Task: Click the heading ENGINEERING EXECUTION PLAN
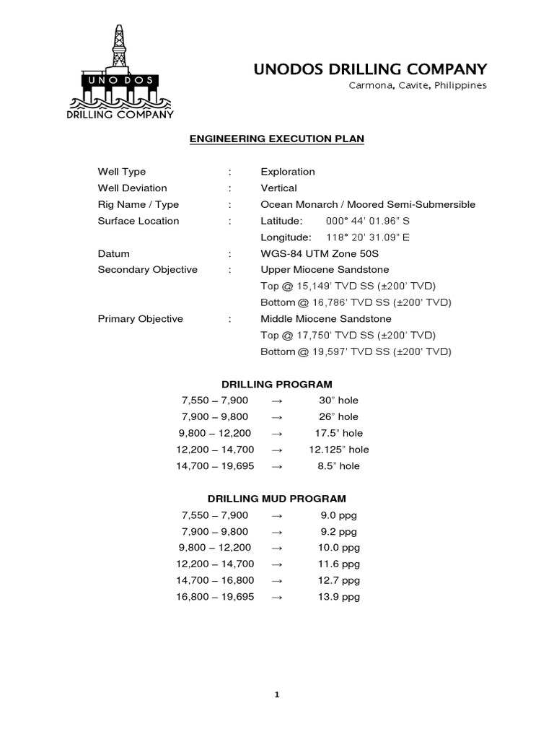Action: (x=276, y=138)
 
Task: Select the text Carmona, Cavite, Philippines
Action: (x=418, y=85)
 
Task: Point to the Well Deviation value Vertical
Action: (x=278, y=188)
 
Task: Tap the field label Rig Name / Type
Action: (x=138, y=204)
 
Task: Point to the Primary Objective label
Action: (x=141, y=319)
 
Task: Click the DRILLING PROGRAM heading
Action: (x=276, y=384)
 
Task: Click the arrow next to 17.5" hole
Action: (x=276, y=433)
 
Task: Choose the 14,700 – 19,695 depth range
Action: (x=215, y=466)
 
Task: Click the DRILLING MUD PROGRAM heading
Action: (x=276, y=499)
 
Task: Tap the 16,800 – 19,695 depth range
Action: (x=215, y=597)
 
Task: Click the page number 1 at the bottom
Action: (x=276, y=695)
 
